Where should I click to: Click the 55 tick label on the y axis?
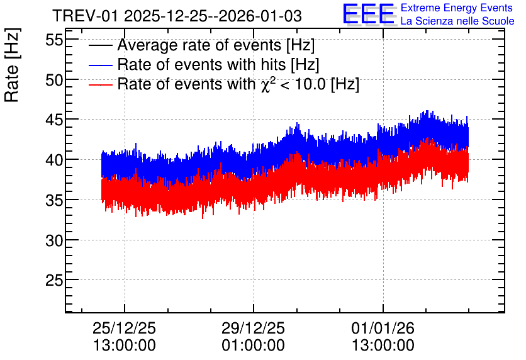54,40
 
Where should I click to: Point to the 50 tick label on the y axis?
54,80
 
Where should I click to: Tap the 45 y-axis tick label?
54,120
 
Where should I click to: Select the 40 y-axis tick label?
54,160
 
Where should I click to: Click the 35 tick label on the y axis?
54,200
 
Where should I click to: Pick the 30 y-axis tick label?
54,240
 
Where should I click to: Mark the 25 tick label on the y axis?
54,280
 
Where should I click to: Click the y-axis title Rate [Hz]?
12,65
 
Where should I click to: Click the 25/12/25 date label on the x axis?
124,328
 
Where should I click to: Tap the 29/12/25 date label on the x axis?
253,328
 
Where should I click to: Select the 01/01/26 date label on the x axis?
383,328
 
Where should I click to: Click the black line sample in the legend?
100,45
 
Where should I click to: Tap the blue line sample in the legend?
100,65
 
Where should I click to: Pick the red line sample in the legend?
100,84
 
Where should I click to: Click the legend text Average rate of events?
199,45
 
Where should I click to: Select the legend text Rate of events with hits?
201,64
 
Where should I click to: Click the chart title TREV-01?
86,16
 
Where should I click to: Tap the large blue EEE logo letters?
369,14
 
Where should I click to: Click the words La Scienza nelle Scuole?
457,21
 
